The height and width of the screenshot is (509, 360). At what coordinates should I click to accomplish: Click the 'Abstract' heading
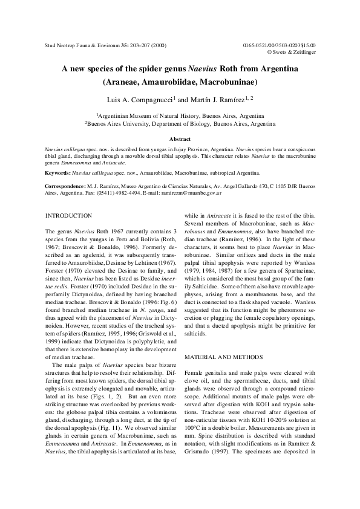pos(180,139)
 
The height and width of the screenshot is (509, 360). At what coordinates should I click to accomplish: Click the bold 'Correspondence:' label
pos(66,187)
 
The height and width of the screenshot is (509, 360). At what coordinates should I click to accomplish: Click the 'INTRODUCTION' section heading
pos(69,216)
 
